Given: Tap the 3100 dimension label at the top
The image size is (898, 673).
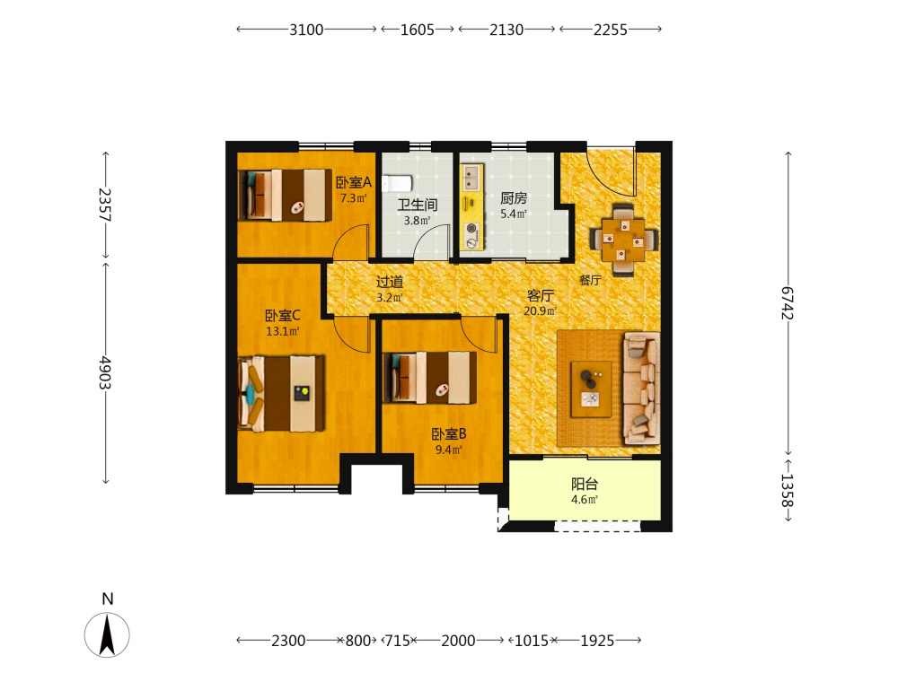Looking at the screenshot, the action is click(x=306, y=30).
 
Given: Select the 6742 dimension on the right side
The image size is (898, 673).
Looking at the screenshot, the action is click(x=788, y=303).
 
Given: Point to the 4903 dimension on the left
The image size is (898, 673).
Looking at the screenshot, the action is click(x=105, y=372).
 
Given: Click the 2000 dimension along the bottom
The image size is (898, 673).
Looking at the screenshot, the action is click(x=458, y=641).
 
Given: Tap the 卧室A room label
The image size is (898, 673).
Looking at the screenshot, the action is click(x=353, y=182).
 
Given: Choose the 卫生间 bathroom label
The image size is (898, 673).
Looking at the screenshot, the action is click(x=418, y=205).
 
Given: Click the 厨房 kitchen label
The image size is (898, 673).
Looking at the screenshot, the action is click(x=514, y=198).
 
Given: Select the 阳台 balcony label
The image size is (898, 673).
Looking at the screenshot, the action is click(x=585, y=485).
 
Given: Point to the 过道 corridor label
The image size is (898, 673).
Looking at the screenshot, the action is click(x=390, y=282).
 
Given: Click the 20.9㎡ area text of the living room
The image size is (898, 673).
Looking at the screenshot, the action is click(x=540, y=311).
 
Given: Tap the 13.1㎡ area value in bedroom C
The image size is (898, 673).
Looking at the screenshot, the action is click(x=282, y=331).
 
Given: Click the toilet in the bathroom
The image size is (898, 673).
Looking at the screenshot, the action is click(x=397, y=184).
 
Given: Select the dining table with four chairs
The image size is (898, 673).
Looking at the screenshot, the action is click(x=624, y=240).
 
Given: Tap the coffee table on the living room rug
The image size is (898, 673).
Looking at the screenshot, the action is click(x=591, y=389).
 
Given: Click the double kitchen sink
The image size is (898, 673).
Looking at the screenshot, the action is click(x=472, y=178).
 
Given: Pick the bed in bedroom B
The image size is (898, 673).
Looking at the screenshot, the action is click(x=429, y=378).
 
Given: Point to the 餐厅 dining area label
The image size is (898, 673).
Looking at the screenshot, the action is click(x=591, y=280).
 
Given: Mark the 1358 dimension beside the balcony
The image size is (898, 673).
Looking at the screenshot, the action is click(x=788, y=491).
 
